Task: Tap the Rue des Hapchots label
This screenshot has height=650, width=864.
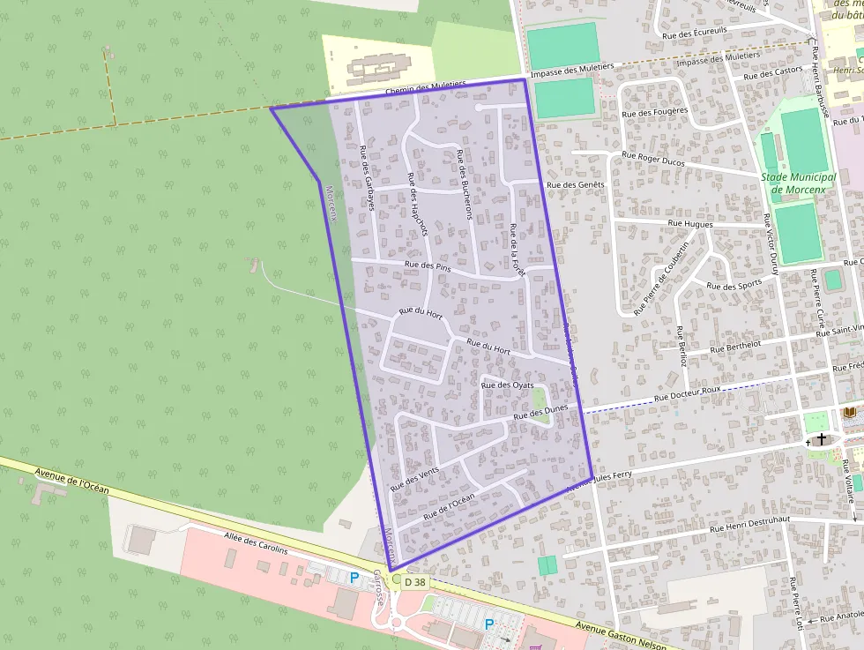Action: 417,204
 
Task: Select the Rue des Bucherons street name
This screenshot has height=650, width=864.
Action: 465,184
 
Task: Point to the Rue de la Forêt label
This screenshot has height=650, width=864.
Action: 517,250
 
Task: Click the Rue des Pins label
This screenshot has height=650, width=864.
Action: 428,265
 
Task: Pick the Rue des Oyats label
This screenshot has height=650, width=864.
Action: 509,385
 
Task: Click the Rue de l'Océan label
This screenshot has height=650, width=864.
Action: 449,504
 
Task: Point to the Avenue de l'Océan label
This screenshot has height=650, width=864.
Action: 71,487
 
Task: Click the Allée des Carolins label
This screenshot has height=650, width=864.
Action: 256,544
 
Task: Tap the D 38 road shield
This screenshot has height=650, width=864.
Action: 414,582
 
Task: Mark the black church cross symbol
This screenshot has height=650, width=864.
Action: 822,438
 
